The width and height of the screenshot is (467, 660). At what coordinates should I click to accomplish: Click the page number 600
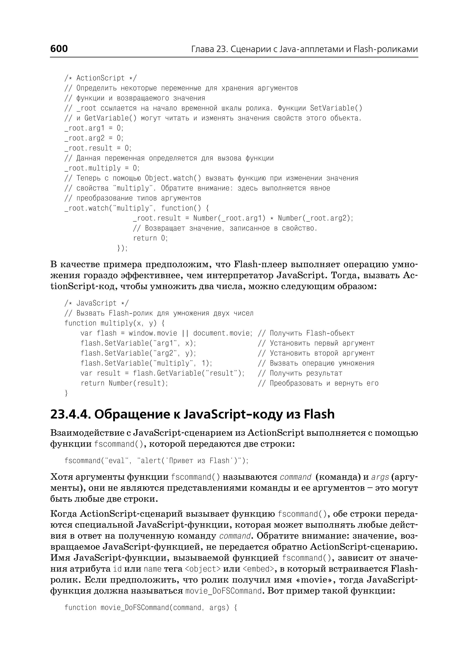(59, 49)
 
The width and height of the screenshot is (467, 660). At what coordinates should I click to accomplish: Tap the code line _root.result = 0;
(98, 148)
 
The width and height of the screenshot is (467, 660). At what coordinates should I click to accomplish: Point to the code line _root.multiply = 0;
(102, 168)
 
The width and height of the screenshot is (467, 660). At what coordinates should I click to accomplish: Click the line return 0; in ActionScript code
(150, 238)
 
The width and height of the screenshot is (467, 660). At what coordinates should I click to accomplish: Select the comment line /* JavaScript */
(97, 303)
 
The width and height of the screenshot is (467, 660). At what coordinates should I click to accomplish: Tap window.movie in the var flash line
(153, 333)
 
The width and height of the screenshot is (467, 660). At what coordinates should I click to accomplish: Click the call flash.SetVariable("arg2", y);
(138, 353)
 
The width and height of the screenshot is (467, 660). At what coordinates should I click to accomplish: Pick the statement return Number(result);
(124, 383)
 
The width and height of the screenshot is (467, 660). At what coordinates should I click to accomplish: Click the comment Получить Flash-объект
(312, 333)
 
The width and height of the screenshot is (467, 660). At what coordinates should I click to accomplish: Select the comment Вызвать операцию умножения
(322, 363)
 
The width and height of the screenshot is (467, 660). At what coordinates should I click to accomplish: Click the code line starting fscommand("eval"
(156, 461)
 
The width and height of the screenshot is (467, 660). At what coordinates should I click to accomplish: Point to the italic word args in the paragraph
(380, 477)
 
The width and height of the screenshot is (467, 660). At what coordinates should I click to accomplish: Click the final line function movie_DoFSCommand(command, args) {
(151, 608)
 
